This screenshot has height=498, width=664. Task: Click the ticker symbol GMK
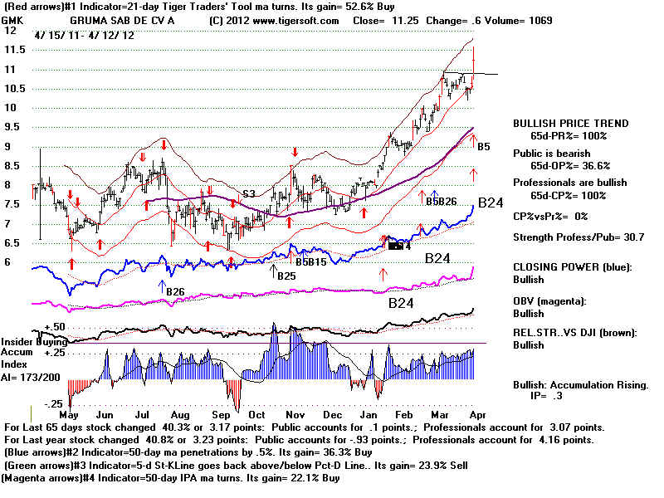pos(12,18)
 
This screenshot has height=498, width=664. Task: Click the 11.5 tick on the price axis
pos(12,49)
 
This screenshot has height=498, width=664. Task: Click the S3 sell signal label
pos(248,194)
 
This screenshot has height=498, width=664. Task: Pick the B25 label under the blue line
pos(286,276)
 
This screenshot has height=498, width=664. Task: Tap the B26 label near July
pos(174,291)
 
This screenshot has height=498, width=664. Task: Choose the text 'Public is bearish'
pos(551,153)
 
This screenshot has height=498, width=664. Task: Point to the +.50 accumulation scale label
pos(32,327)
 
